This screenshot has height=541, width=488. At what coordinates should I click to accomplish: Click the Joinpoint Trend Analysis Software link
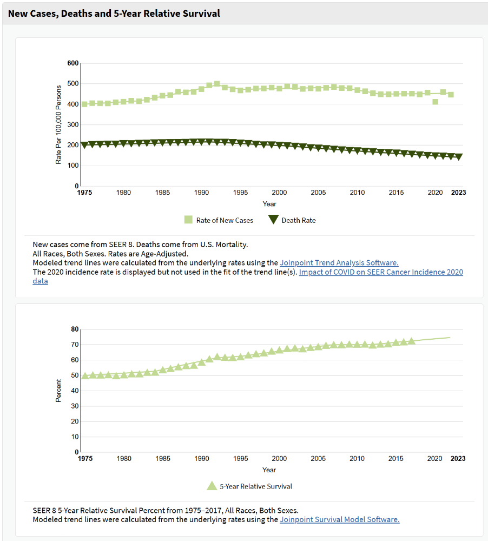click(339, 263)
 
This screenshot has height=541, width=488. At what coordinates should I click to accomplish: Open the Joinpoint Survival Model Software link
click(340, 519)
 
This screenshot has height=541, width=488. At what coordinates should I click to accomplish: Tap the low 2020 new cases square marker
click(435, 102)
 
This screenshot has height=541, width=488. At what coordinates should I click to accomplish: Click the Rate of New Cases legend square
click(188, 220)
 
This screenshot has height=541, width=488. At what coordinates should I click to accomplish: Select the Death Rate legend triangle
click(273, 219)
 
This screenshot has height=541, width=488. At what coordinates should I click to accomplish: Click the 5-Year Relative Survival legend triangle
click(212, 486)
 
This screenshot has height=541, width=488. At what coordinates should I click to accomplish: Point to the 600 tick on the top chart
click(73, 63)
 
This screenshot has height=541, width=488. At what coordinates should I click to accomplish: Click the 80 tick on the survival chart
click(75, 329)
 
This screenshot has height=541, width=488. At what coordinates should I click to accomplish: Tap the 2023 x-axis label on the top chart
click(458, 193)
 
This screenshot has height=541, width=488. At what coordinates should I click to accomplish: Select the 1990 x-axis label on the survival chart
click(202, 459)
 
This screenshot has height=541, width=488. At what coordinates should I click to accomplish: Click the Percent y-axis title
click(58, 391)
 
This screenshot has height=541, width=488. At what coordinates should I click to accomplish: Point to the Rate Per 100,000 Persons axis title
click(58, 124)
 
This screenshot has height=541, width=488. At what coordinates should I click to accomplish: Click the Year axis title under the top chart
click(269, 204)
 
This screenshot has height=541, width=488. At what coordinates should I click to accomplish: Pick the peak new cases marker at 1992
click(217, 84)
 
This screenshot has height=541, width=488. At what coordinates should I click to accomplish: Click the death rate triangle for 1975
click(84, 145)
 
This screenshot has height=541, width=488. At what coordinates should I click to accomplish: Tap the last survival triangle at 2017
click(411, 341)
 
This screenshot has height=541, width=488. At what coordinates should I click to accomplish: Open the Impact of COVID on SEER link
click(381, 272)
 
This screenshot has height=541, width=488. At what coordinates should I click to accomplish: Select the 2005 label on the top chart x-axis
click(318, 193)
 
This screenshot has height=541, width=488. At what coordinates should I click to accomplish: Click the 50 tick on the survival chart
click(75, 375)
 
